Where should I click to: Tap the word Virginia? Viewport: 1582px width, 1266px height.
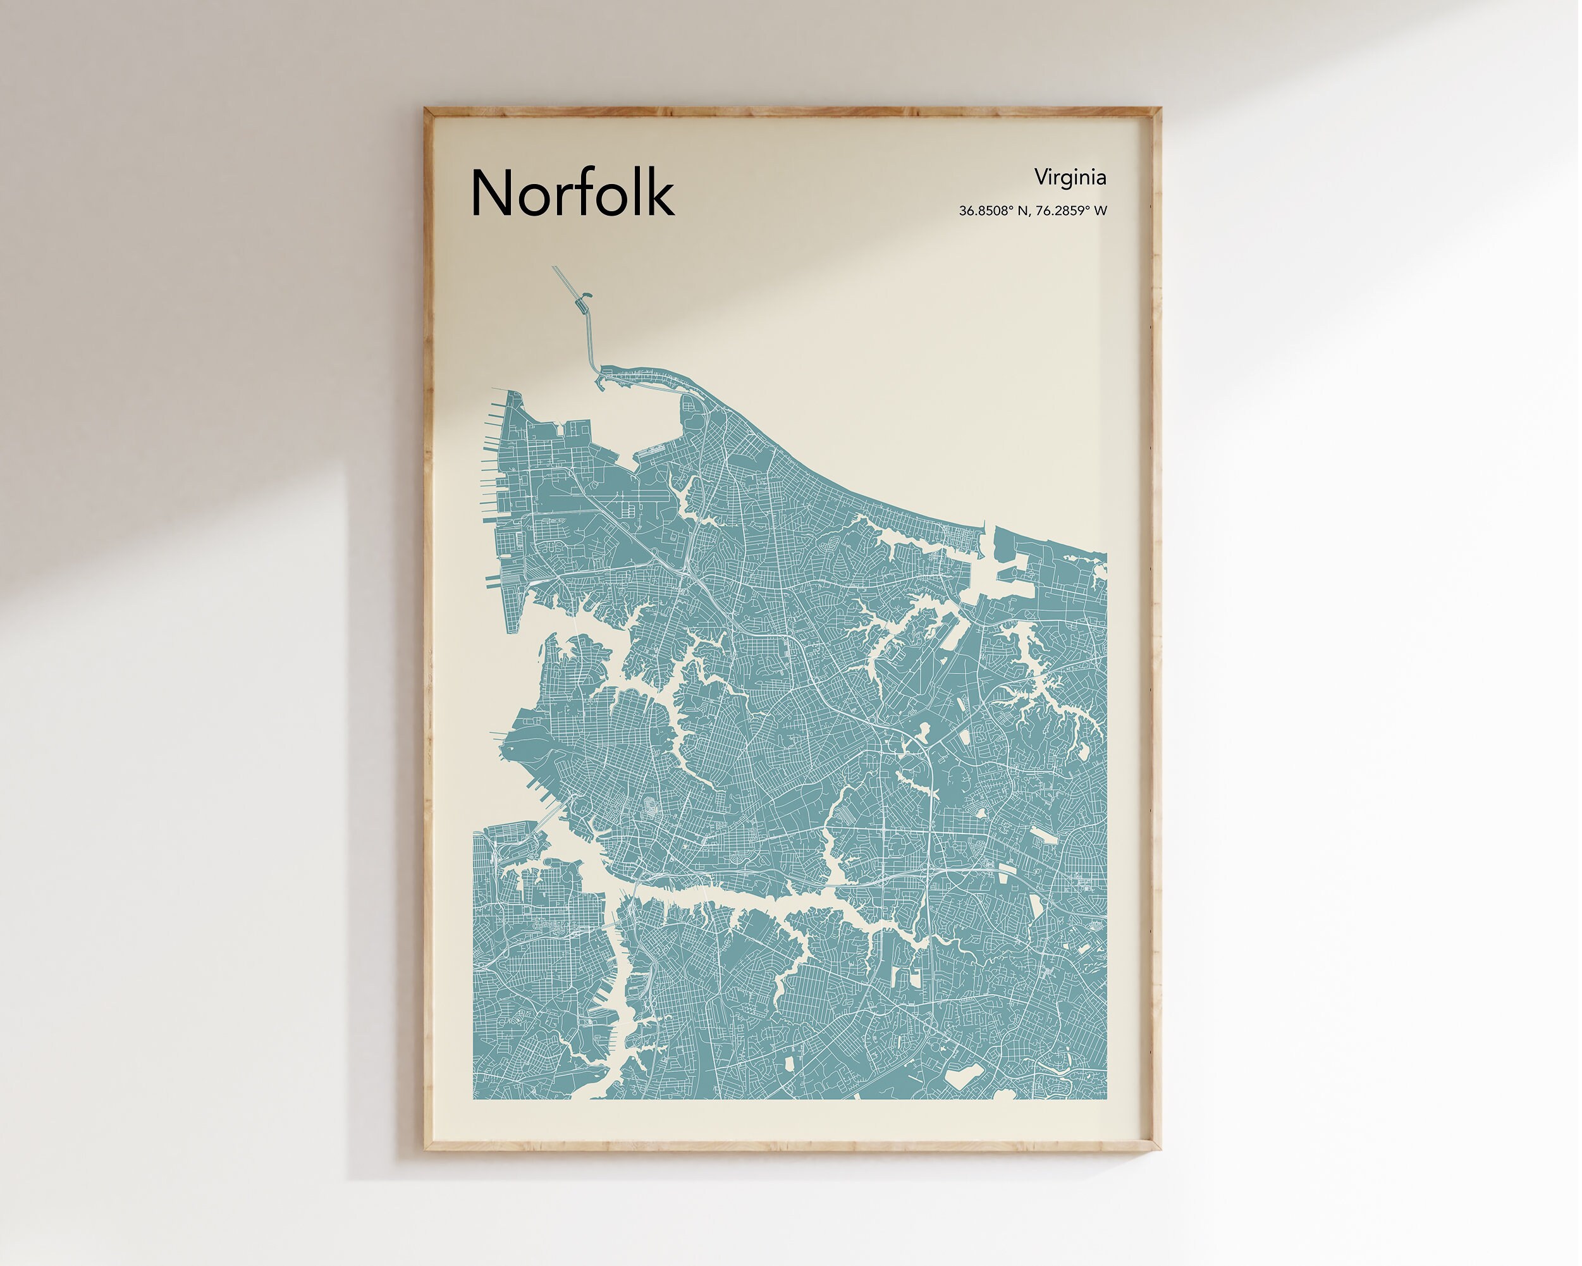pos(1070,177)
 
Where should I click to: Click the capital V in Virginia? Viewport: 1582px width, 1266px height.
pos(1041,177)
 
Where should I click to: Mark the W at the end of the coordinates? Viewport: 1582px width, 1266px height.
pos(1100,211)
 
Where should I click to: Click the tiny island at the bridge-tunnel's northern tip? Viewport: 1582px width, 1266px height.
pos(585,297)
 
